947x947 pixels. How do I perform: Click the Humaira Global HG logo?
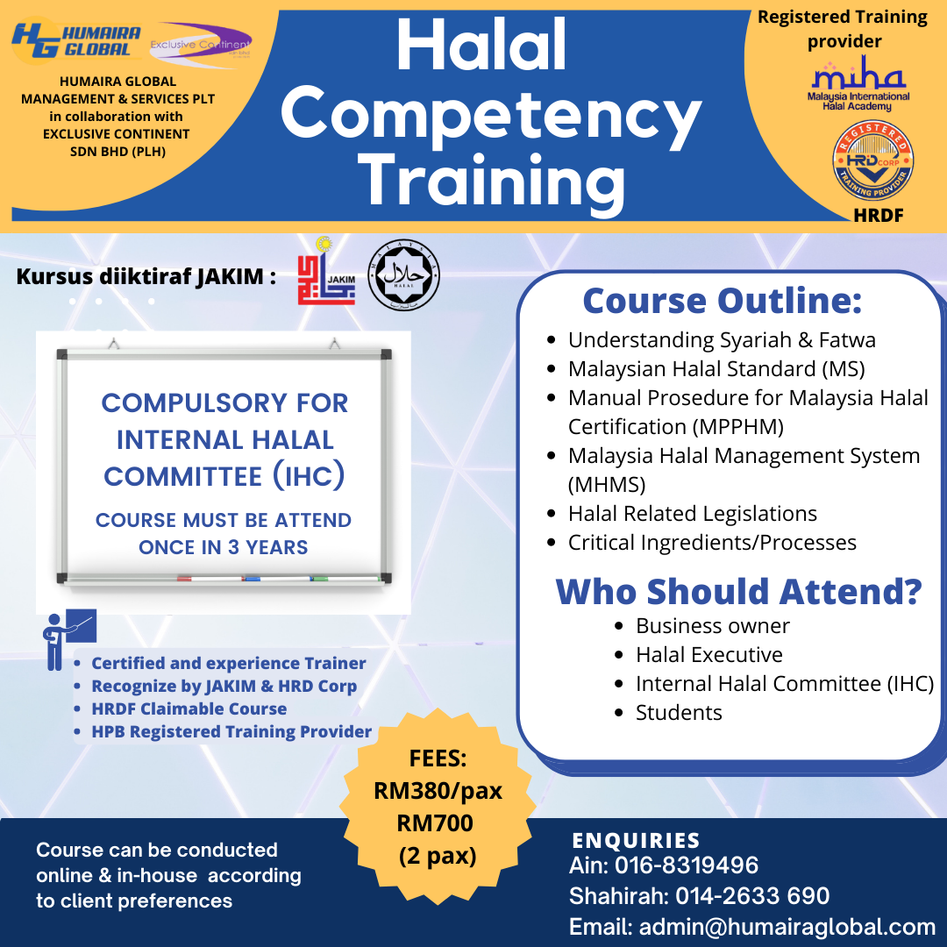pyautogui.click(x=77, y=39)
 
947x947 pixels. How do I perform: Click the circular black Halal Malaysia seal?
pyautogui.click(x=403, y=275)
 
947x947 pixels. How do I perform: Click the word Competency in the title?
pyautogui.click(x=491, y=114)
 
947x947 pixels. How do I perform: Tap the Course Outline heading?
pyautogui.click(x=723, y=302)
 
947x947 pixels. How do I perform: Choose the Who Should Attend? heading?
pyautogui.click(x=738, y=591)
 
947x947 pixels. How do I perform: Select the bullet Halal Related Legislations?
pyautogui.click(x=693, y=514)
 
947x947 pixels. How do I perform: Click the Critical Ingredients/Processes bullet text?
pyautogui.click(x=712, y=543)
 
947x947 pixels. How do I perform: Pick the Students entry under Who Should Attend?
pyautogui.click(x=679, y=713)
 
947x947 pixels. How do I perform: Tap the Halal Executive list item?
pyautogui.click(x=708, y=655)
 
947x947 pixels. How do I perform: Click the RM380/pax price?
pyautogui.click(x=438, y=791)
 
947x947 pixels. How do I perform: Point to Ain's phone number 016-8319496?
pyautogui.click(x=687, y=866)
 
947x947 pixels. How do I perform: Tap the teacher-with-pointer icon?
pyautogui.click(x=67, y=637)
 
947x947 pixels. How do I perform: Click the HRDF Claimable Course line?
pyautogui.click(x=189, y=708)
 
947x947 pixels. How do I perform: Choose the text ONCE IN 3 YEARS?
pyautogui.click(x=224, y=547)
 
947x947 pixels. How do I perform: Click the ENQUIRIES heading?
pyautogui.click(x=637, y=840)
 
